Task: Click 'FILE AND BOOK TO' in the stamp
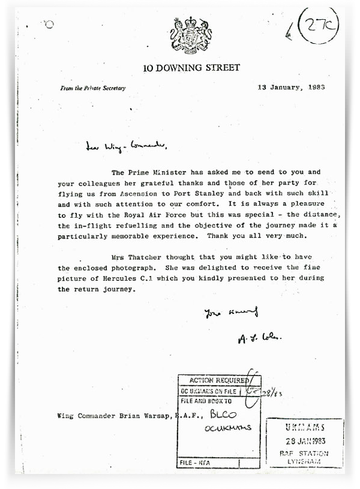[207, 399]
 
